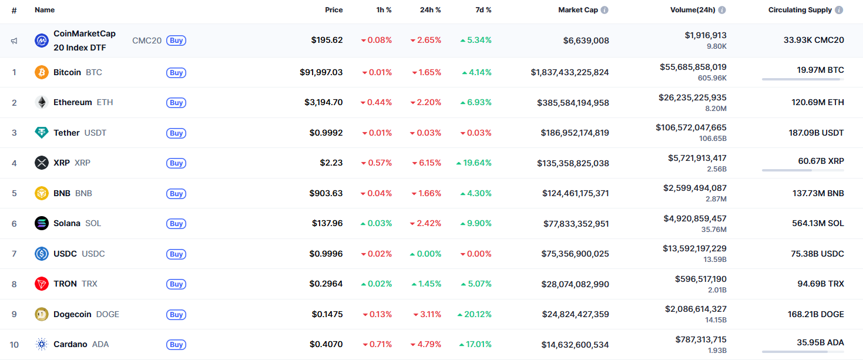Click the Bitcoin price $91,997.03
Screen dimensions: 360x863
tap(321, 72)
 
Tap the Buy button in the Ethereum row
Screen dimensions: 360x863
tap(176, 103)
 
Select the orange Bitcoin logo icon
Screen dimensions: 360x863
tap(41, 72)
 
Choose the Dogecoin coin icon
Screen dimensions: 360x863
tap(41, 314)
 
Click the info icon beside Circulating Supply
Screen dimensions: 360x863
tap(839, 10)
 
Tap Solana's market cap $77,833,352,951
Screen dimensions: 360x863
tap(575, 223)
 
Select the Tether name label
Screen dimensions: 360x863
tap(66, 133)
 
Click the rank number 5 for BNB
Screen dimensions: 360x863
tap(14, 193)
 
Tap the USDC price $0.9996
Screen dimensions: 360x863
tap(326, 254)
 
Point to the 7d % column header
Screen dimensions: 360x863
tap(483, 10)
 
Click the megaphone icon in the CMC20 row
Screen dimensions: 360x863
tap(14, 41)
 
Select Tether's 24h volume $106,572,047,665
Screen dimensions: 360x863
tap(691, 127)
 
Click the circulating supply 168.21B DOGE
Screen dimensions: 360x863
tap(815, 314)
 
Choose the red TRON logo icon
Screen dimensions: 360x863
tap(41, 284)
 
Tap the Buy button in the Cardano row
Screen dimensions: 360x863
tap(176, 345)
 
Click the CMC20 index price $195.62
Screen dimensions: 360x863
tap(327, 41)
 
